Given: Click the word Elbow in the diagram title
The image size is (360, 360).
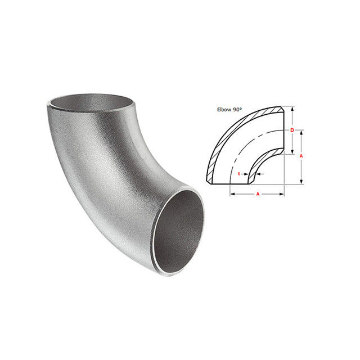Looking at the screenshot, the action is (x=224, y=110).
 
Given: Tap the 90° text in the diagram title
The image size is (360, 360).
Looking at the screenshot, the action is (x=237, y=110).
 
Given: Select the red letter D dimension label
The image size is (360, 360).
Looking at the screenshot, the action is (x=292, y=130).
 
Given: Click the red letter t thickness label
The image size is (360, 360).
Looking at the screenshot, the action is (x=239, y=174).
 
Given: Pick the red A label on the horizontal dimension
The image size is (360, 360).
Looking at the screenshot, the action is (x=258, y=194).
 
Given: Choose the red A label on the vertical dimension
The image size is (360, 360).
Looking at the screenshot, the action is (x=301, y=156).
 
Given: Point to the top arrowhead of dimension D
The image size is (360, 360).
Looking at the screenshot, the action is (x=292, y=109).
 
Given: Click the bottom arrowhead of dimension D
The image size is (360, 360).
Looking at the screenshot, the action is (x=292, y=152).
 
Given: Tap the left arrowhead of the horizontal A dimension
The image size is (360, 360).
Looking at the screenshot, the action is (x=232, y=194).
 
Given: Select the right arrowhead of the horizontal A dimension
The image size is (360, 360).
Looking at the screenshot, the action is (x=282, y=194).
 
